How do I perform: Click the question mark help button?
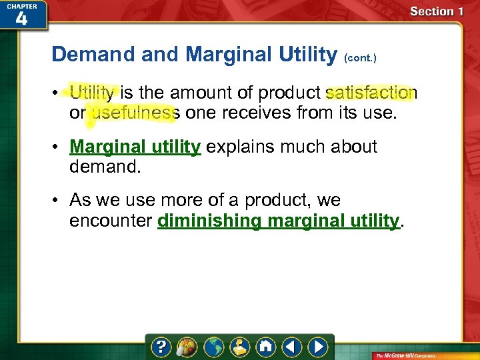(x=162, y=347)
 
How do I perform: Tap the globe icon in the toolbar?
(x=214, y=347)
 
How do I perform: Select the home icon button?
(x=265, y=347)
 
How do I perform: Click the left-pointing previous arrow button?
(x=291, y=347)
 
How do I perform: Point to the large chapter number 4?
(x=21, y=18)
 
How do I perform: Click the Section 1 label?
(x=437, y=11)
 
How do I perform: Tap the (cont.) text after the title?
(x=361, y=58)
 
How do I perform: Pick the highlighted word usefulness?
(x=133, y=113)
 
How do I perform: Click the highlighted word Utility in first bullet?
(x=93, y=93)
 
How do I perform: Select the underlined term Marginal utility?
(x=135, y=147)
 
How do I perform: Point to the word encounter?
(x=111, y=221)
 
